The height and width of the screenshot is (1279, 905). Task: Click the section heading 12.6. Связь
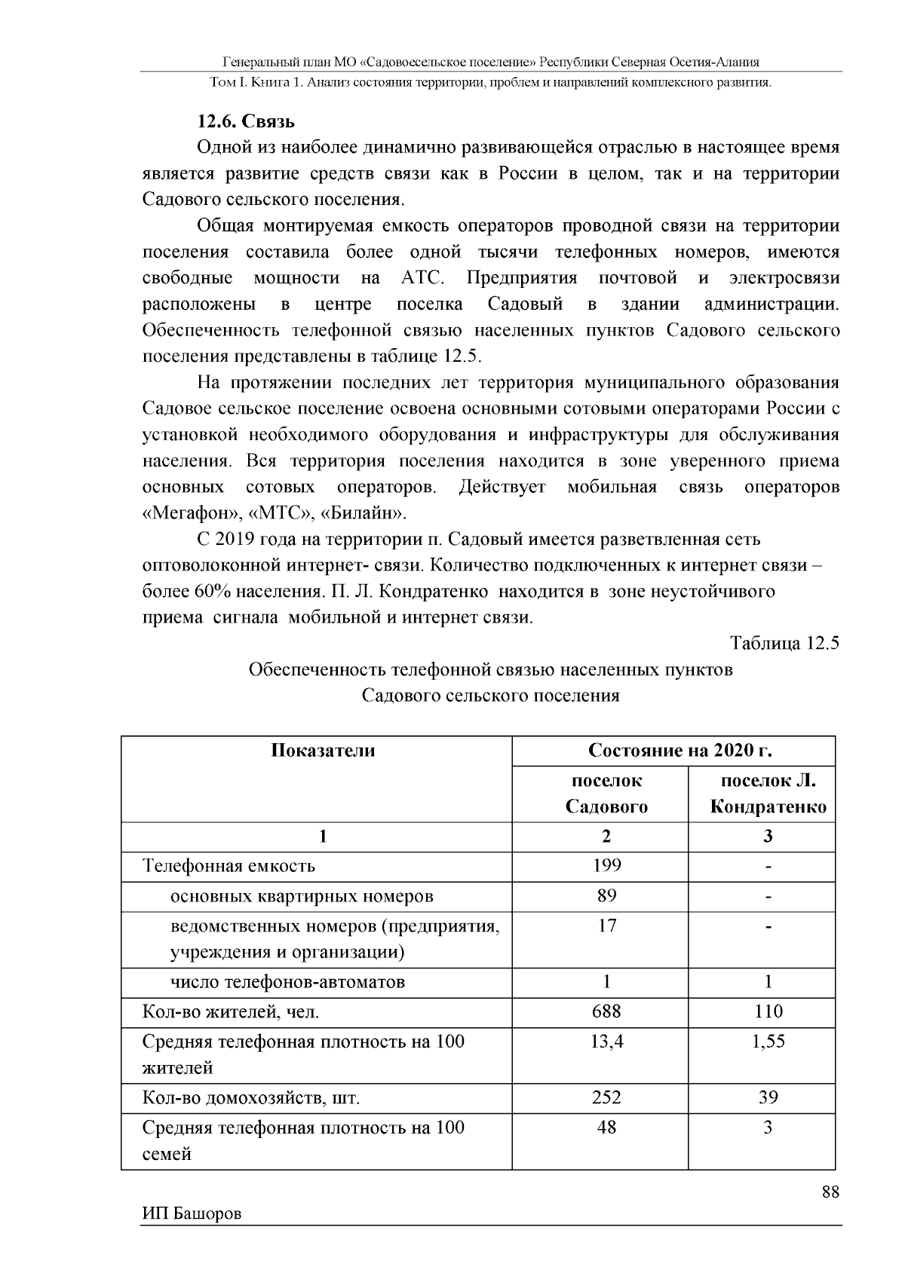pos(246,121)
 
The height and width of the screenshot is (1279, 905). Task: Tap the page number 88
pos(830,1192)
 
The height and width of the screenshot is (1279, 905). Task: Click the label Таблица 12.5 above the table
pos(784,643)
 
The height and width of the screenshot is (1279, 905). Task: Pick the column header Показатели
pos(323,751)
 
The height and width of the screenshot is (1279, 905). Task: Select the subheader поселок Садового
pos(607,794)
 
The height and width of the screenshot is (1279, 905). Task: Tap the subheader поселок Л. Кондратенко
pos(768,794)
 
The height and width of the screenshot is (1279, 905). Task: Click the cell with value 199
pos(607,866)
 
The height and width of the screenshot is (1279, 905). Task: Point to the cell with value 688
pos(607,1011)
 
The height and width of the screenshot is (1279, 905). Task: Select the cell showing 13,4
pos(607,1042)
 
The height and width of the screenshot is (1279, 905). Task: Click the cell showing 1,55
pos(768,1042)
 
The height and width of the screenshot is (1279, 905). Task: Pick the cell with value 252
pos(607,1097)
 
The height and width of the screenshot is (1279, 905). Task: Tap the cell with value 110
pos(768,1011)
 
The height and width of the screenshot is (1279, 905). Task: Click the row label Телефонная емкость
pos(229,866)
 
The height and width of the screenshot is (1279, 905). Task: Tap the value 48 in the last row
pos(607,1128)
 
